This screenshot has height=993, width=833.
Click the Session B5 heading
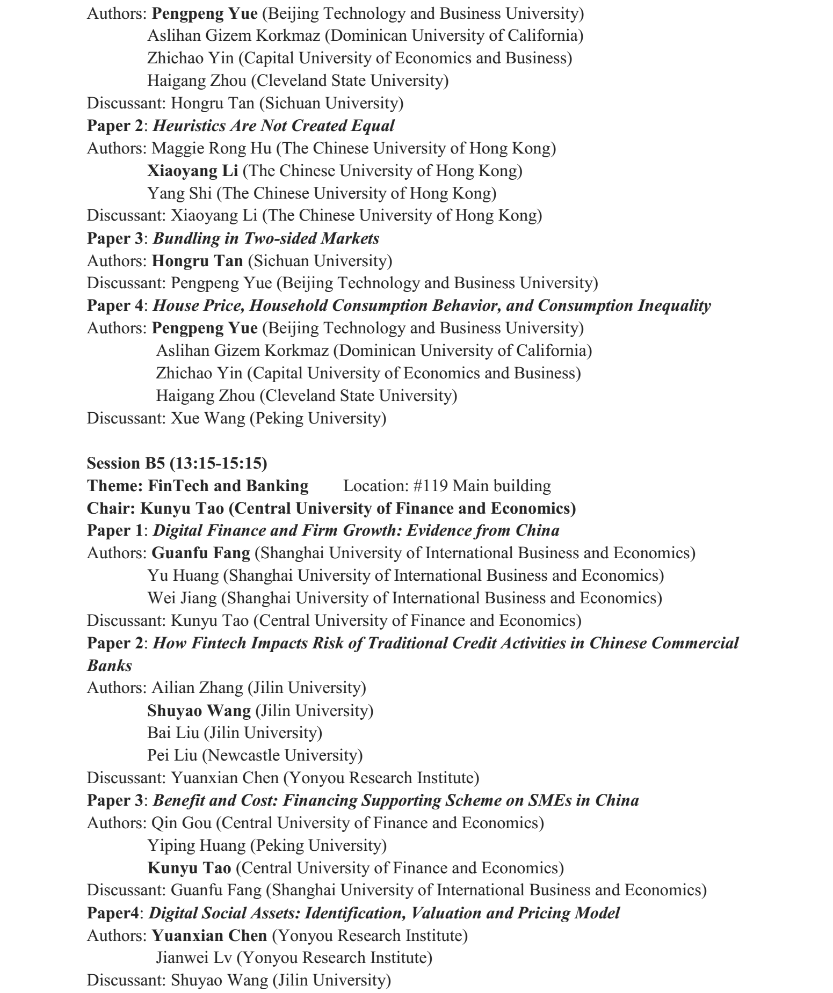(177, 463)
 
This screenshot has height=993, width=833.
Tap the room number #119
(431, 486)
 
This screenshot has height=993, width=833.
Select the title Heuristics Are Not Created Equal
(274, 126)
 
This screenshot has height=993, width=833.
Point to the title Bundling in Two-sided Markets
(266, 238)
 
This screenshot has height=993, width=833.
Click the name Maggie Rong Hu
(212, 148)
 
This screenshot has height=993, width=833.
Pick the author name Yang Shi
(179, 193)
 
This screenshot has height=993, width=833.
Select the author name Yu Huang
(183, 576)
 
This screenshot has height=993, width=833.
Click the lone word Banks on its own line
(110, 666)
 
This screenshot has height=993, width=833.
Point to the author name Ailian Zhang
(197, 688)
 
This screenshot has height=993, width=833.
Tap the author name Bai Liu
(173, 733)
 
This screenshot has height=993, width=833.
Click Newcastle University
(283, 756)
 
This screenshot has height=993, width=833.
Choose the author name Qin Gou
(182, 823)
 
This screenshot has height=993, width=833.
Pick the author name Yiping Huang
(197, 846)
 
